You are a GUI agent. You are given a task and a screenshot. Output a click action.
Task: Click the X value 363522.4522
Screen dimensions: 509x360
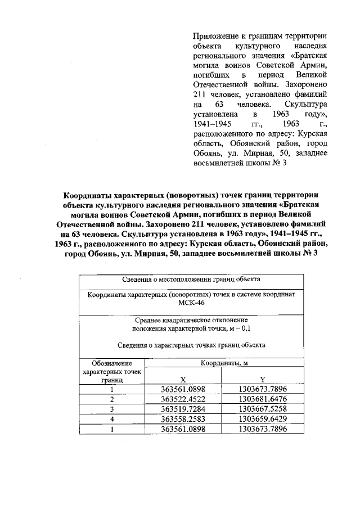tap(183, 399)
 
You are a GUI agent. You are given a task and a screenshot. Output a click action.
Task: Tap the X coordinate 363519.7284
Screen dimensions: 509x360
tap(183, 409)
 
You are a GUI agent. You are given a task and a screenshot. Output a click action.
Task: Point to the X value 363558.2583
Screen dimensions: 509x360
tap(183, 419)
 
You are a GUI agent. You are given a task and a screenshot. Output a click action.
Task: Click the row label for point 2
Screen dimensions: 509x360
tap(112, 399)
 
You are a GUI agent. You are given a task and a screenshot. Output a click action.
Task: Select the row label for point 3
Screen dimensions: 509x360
tap(112, 409)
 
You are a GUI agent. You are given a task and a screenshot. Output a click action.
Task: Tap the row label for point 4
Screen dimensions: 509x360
tap(112, 419)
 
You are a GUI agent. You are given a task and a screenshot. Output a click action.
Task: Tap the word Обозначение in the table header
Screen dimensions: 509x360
tap(112, 363)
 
